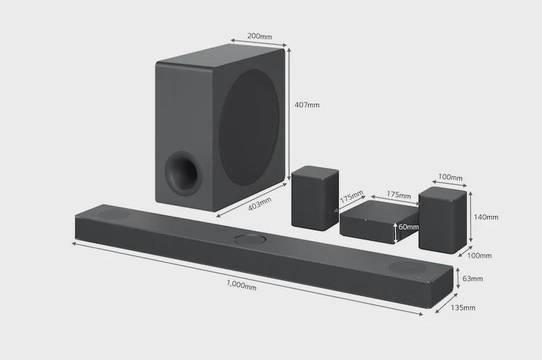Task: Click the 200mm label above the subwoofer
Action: point(259,36)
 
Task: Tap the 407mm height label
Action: point(307,104)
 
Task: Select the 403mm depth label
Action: point(260,203)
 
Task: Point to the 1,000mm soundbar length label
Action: point(242,285)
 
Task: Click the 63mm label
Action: point(472,279)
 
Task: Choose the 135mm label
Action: point(463,307)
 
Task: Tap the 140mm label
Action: point(486,217)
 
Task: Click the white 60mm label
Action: point(409,227)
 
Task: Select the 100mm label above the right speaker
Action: point(450,177)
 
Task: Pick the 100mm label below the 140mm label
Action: point(479,256)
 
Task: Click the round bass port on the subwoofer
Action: point(182,173)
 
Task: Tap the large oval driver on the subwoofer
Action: point(249,127)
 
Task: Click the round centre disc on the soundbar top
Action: point(250,239)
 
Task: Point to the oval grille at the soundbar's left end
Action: point(113,214)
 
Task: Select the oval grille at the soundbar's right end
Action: point(407,267)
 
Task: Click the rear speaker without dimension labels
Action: point(315,198)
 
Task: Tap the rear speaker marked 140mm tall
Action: point(442,220)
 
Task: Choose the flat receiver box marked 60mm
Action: point(379,222)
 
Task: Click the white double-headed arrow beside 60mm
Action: point(396,233)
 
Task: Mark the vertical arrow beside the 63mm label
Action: point(458,278)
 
